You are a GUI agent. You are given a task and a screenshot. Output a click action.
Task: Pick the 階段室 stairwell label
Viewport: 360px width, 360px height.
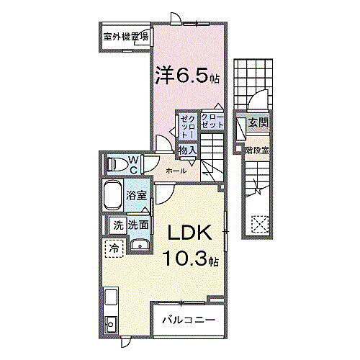tap(257, 150)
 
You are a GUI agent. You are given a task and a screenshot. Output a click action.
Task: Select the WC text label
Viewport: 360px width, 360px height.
tap(134, 164)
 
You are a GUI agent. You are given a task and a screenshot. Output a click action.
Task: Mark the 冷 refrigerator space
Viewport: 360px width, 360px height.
tap(114, 249)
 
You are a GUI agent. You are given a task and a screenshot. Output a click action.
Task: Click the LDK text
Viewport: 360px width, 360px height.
tap(189, 234)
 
